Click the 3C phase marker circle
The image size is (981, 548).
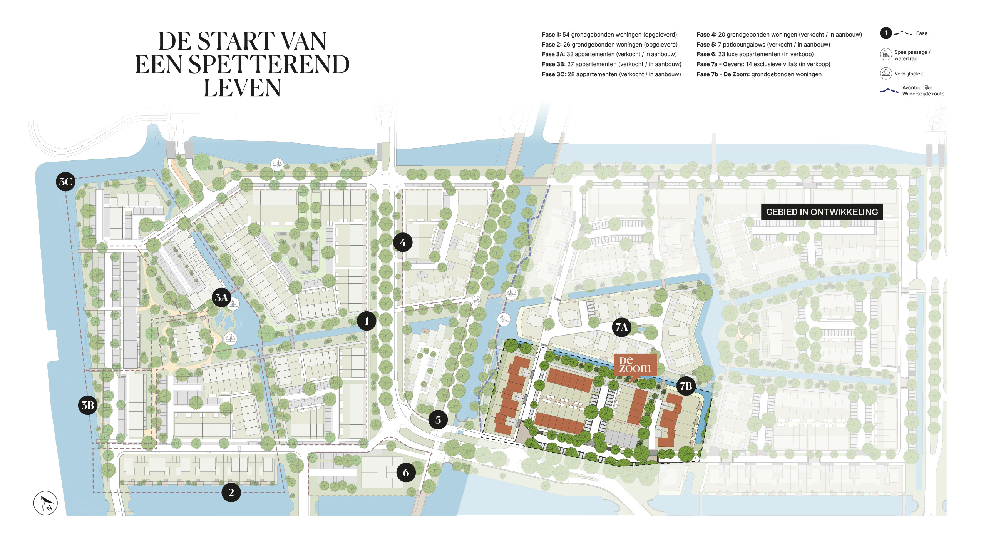tap(65, 182)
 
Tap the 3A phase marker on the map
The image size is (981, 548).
tap(221, 297)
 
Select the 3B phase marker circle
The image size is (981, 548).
tap(88, 405)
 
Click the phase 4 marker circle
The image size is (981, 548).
tap(403, 242)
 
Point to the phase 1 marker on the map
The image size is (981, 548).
tap(367, 321)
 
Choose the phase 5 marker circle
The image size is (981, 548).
tap(438, 420)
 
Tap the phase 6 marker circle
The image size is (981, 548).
tap(406, 473)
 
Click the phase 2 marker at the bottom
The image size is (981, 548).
tap(231, 493)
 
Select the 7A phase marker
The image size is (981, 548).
tap(621, 327)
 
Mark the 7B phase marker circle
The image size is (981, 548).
tap(686, 386)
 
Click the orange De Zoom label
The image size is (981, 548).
tap(635, 365)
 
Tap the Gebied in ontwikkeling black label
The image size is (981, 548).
tap(822, 212)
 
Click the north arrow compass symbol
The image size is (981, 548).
tap(45, 503)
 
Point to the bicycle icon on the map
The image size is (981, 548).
tap(476, 301)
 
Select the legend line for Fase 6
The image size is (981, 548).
tap(755, 54)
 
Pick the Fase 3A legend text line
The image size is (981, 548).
tap(609, 54)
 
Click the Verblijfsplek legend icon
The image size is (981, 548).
tap(886, 73)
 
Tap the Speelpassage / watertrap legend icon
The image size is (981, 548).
tap(886, 54)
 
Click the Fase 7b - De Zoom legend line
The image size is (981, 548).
tap(759, 74)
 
